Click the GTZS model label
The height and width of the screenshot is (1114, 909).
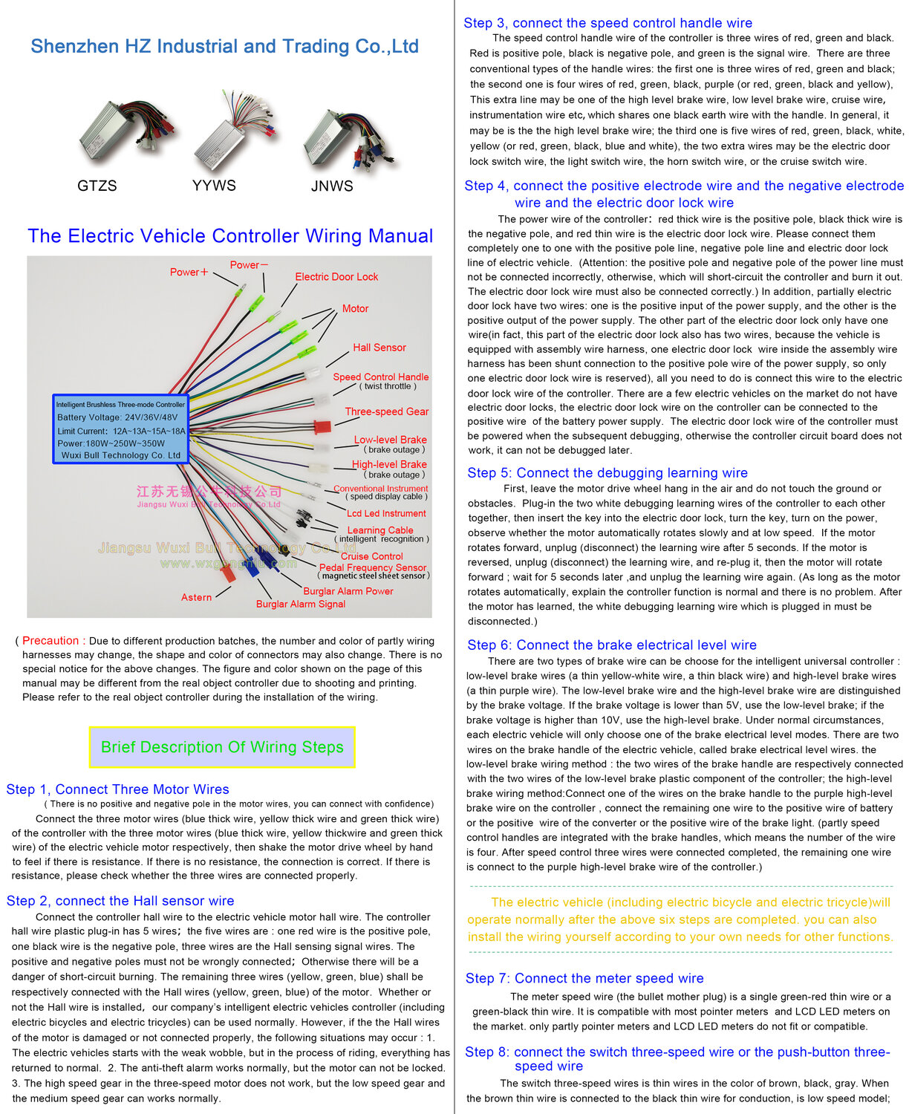(x=97, y=186)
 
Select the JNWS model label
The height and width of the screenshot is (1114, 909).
(x=332, y=186)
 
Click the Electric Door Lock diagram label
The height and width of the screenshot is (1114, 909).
(x=336, y=277)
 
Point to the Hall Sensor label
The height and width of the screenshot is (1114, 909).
(x=379, y=348)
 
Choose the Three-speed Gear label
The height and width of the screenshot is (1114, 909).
(x=387, y=411)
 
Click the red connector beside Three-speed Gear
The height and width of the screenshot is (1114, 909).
(x=322, y=427)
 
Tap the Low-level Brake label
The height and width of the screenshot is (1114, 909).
(x=391, y=440)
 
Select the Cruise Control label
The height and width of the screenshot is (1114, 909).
(x=372, y=556)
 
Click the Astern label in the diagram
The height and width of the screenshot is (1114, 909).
(x=196, y=597)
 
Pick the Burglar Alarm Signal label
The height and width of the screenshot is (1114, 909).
(x=301, y=605)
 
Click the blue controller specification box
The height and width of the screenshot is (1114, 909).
(x=120, y=430)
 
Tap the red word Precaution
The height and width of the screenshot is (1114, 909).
(x=50, y=641)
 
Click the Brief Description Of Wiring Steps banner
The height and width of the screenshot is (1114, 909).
(x=222, y=747)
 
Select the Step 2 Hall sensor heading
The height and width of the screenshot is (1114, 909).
(x=120, y=901)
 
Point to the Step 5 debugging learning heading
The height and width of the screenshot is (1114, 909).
(x=607, y=473)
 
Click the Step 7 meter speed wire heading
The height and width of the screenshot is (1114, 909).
(x=584, y=979)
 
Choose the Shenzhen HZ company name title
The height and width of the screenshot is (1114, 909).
(x=225, y=47)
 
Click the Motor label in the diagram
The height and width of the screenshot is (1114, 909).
(x=355, y=309)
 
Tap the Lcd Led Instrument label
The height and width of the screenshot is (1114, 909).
(x=386, y=513)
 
